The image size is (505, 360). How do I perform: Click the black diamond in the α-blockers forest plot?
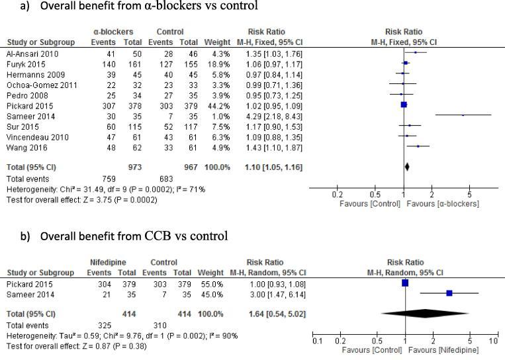[x=406, y=167]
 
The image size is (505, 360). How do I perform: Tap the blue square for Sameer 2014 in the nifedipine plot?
[x=449, y=292]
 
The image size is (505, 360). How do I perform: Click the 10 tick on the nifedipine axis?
[x=492, y=340]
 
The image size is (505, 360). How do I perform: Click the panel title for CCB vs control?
[x=124, y=236]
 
